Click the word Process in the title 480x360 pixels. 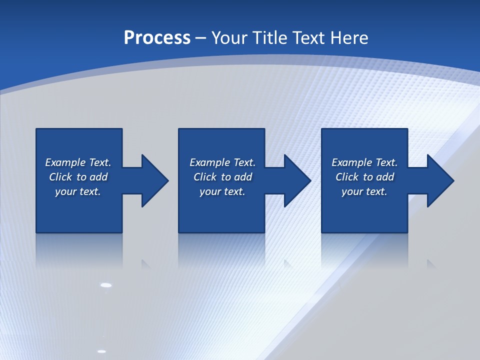pos(157,38)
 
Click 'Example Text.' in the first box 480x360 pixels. pos(78,162)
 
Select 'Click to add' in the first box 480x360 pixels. pos(78,177)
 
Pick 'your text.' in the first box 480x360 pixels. pos(78,191)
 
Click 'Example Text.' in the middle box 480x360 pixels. pos(222,162)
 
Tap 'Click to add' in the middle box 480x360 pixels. pos(222,177)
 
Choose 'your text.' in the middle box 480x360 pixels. pos(222,191)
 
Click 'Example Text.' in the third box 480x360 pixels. pos(364,162)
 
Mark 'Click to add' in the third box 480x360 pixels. pos(364,177)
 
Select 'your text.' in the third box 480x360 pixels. pos(364,191)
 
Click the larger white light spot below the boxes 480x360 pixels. pos(106,285)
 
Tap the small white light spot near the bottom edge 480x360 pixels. pos(101,351)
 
